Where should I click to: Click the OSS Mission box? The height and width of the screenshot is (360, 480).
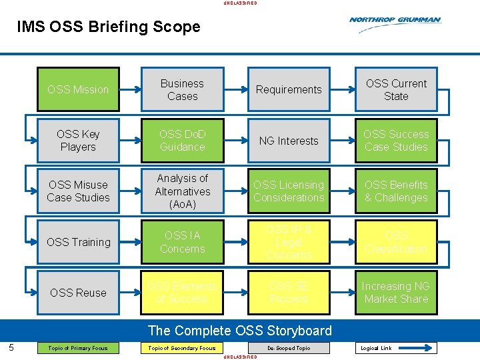coord(78,89)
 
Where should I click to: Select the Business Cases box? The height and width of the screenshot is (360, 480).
coord(182,89)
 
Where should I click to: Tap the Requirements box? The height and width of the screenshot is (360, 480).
coord(289,89)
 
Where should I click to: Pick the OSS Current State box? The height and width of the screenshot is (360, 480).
coord(396,89)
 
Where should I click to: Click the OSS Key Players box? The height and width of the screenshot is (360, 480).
coord(78,141)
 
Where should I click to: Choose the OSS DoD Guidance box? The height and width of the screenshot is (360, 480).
coord(182,141)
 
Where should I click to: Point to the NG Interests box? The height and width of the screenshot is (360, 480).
coord(289,141)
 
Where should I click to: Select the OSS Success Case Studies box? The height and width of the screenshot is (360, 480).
coord(396,141)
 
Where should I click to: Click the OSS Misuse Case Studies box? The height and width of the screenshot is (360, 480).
coord(78,191)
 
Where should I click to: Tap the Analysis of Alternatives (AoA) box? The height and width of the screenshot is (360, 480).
coord(182,191)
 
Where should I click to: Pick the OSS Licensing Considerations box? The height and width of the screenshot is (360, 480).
coord(289,191)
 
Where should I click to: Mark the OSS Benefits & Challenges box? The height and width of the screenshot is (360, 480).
coord(396,191)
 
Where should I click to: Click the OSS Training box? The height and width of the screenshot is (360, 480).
coord(78,242)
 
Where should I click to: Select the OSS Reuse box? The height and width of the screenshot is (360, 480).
coord(78,293)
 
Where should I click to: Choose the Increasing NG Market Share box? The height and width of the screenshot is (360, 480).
coord(396,293)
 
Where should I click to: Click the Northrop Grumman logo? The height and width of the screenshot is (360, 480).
coord(395,21)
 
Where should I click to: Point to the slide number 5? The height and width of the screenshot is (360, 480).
coord(11,347)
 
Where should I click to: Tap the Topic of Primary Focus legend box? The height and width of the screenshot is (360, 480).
coord(78,348)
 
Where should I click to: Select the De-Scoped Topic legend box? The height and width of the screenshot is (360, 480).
coord(289,348)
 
